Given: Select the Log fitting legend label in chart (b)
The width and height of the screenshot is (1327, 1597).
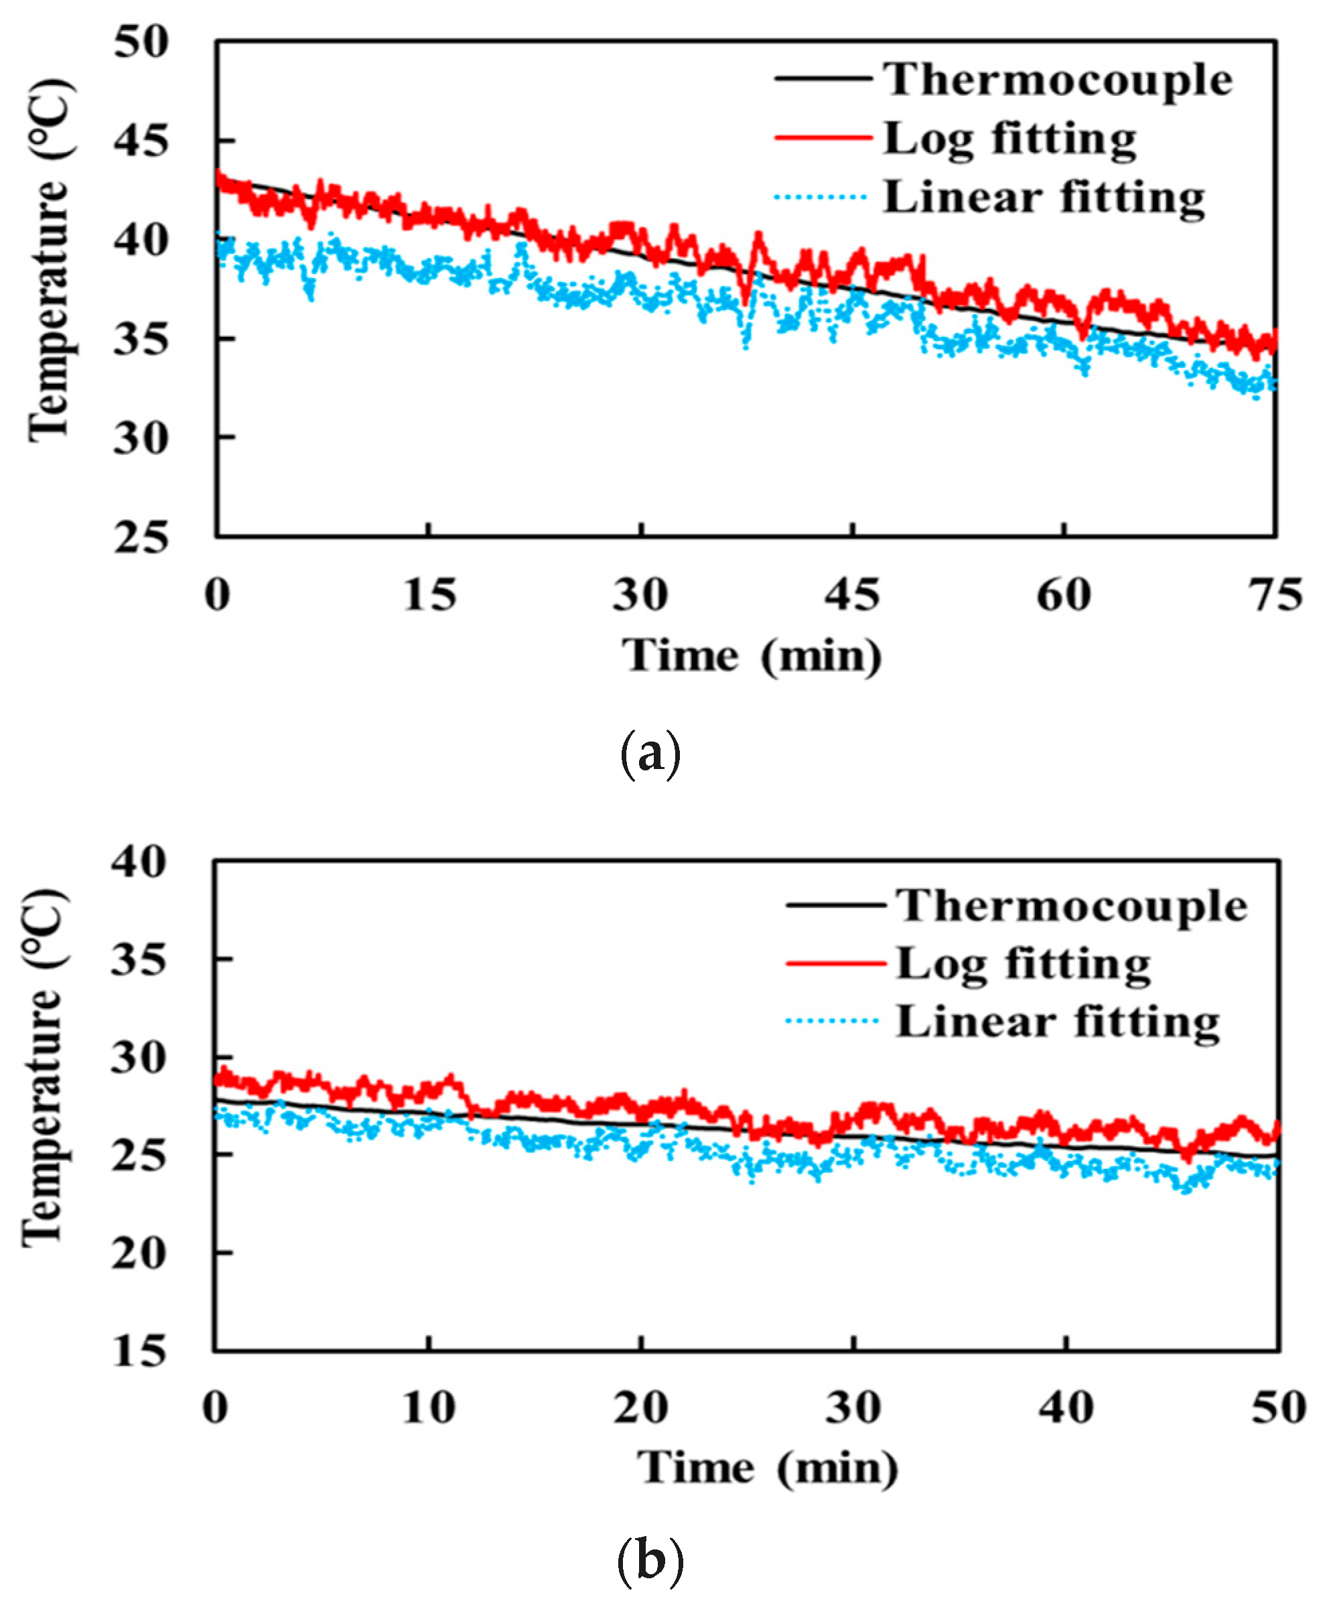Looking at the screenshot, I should point(1023,963).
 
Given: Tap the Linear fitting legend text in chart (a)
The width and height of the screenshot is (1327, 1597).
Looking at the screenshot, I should point(1044,198).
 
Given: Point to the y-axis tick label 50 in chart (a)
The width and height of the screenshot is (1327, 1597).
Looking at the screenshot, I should point(140,43).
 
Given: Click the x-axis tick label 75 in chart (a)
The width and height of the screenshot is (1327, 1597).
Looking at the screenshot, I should point(1275,595).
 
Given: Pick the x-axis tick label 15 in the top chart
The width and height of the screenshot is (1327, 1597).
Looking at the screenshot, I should point(429,595).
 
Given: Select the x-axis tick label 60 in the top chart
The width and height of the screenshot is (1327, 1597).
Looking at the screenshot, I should point(1063,595).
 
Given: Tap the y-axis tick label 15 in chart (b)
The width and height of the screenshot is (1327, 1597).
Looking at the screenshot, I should point(139,1351).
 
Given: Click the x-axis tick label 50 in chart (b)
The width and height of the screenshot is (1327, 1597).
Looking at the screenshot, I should point(1278,1407).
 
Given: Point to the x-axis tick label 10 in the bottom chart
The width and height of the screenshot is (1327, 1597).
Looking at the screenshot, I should point(429,1407).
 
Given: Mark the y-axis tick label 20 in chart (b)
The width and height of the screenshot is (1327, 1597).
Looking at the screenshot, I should point(139,1253).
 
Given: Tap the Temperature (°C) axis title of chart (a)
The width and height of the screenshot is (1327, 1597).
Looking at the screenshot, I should point(49,263).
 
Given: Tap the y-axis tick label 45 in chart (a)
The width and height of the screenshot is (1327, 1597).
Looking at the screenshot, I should point(140,141).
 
